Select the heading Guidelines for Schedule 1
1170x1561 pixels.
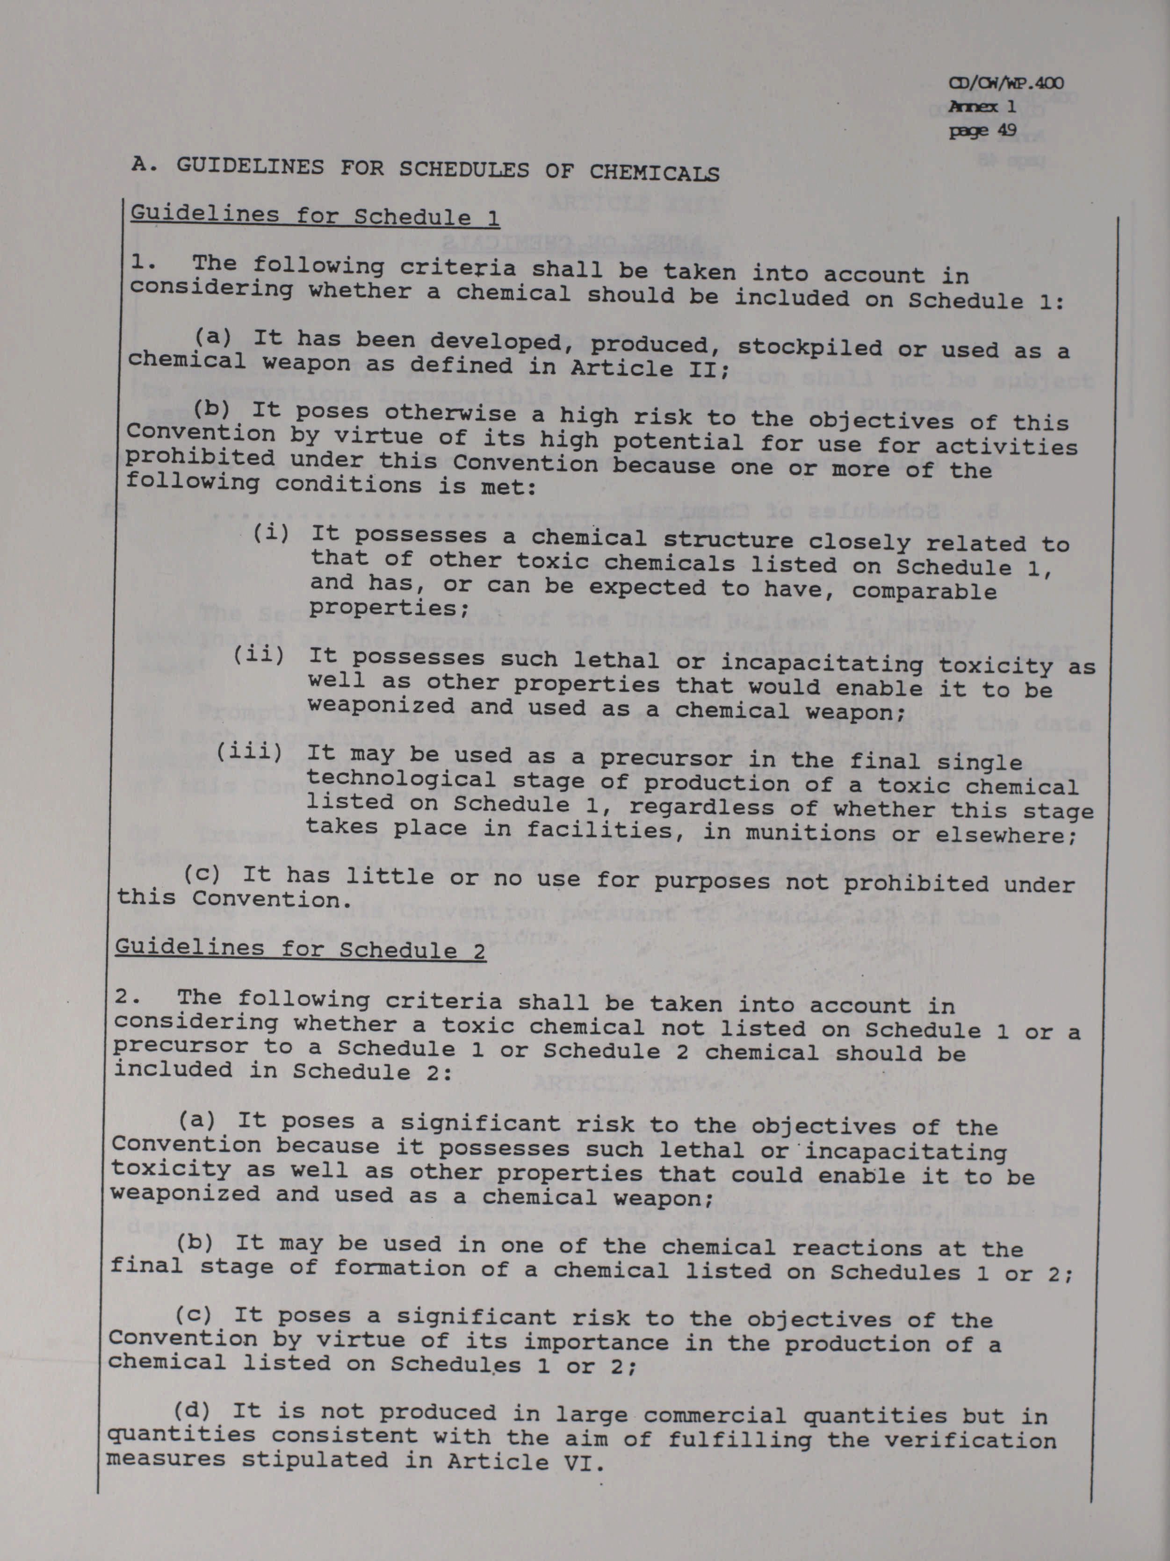[x=315, y=215]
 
